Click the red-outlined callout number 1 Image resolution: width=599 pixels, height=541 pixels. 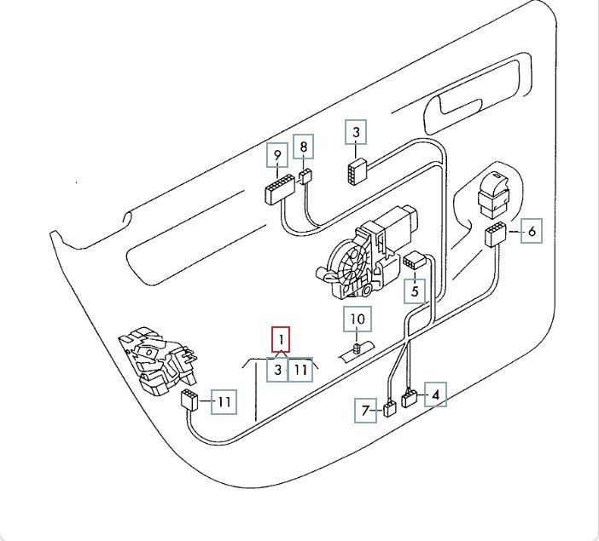tap(281, 339)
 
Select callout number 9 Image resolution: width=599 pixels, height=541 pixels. tap(276, 156)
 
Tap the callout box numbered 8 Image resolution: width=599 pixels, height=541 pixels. tap(304, 147)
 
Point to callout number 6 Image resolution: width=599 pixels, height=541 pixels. tap(531, 230)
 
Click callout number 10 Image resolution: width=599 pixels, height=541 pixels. tap(358, 320)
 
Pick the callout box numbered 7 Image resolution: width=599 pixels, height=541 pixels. tap(366, 412)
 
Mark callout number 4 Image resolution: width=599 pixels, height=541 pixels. tap(435, 394)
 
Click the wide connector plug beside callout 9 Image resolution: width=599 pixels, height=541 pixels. tap(278, 187)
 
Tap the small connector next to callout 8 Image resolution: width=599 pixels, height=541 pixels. tap(305, 176)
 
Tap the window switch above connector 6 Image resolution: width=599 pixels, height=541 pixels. tap(494, 194)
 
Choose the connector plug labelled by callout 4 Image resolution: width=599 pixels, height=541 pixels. tap(410, 398)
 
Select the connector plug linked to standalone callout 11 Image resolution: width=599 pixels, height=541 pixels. tap(190, 400)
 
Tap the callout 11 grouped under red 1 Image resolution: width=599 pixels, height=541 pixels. tap(299, 370)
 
